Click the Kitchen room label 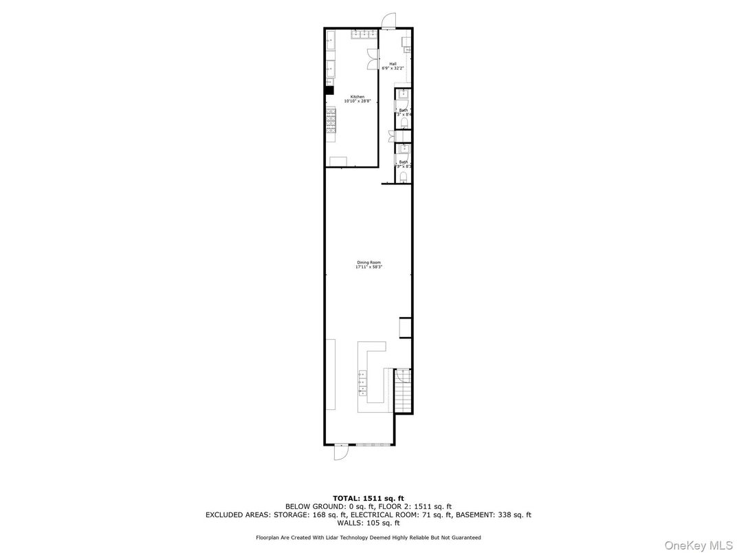[357, 97]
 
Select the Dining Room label [368, 263]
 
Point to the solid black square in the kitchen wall [329, 89]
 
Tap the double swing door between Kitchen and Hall [373, 60]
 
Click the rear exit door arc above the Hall [389, 19]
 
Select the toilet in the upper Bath [405, 122]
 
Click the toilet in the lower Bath [404, 177]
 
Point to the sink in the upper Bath [404, 96]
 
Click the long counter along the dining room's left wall [330, 373]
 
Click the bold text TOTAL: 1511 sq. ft [368, 498]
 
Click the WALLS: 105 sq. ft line [368, 523]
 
